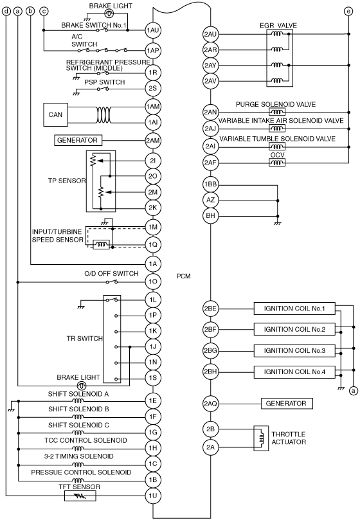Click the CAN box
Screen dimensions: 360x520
[x=55, y=115]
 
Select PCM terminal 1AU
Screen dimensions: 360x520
[x=152, y=30]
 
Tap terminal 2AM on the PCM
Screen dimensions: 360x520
[x=152, y=140]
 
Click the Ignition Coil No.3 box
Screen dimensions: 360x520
[x=294, y=350]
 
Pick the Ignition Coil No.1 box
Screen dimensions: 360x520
[x=294, y=309]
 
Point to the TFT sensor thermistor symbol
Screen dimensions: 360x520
[x=80, y=496]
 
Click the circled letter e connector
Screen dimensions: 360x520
[x=348, y=12]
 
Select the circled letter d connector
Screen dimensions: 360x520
[x=6, y=12]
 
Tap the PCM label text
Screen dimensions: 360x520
[x=183, y=276]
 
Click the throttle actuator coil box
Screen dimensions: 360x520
[x=261, y=438]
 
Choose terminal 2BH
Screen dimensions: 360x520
[x=210, y=372]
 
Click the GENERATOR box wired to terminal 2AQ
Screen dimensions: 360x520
[x=287, y=403]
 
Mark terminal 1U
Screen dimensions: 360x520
[x=152, y=496]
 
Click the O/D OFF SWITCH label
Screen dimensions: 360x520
[x=111, y=274]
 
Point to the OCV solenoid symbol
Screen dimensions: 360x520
[x=276, y=163]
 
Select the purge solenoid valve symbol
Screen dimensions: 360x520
[x=276, y=112]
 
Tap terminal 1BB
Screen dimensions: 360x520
[x=210, y=184]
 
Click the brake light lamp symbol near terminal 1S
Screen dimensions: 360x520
[x=82, y=386]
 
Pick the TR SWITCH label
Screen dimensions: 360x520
[x=85, y=339]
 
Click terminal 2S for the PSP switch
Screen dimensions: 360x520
[x=152, y=88]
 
